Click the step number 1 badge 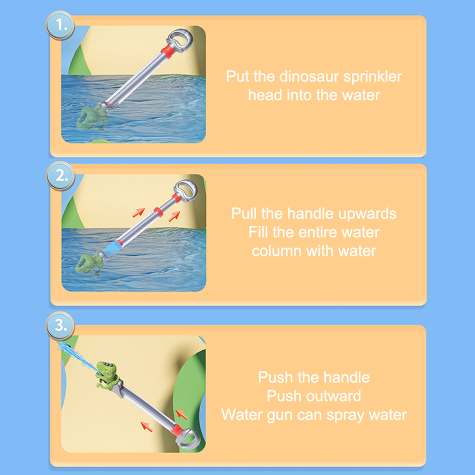60,25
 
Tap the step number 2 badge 61,176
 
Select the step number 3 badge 60,326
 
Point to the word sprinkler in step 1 373,77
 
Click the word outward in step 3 333,396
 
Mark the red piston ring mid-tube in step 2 158,212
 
